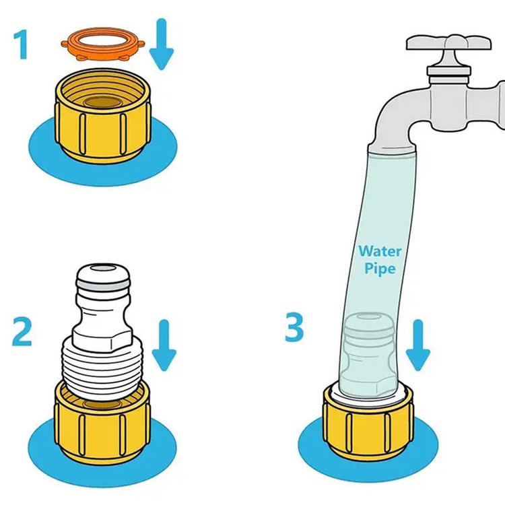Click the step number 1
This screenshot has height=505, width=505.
pyautogui.click(x=21, y=44)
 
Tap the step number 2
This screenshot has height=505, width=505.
pyautogui.click(x=22, y=331)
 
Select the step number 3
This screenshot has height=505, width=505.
pyautogui.click(x=294, y=327)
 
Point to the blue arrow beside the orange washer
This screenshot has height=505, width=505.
pyautogui.click(x=162, y=44)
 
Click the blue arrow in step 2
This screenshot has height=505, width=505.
pyautogui.click(x=164, y=345)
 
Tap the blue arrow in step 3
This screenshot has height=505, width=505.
pyautogui.click(x=417, y=345)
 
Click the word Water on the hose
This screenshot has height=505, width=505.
pyautogui.click(x=380, y=251)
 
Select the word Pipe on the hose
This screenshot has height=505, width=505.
pyautogui.click(x=380, y=268)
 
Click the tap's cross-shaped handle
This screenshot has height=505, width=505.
pyautogui.click(x=449, y=48)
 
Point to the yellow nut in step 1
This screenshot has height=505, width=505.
pyautogui.click(x=102, y=115)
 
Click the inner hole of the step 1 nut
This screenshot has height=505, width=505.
pyautogui.click(x=103, y=102)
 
